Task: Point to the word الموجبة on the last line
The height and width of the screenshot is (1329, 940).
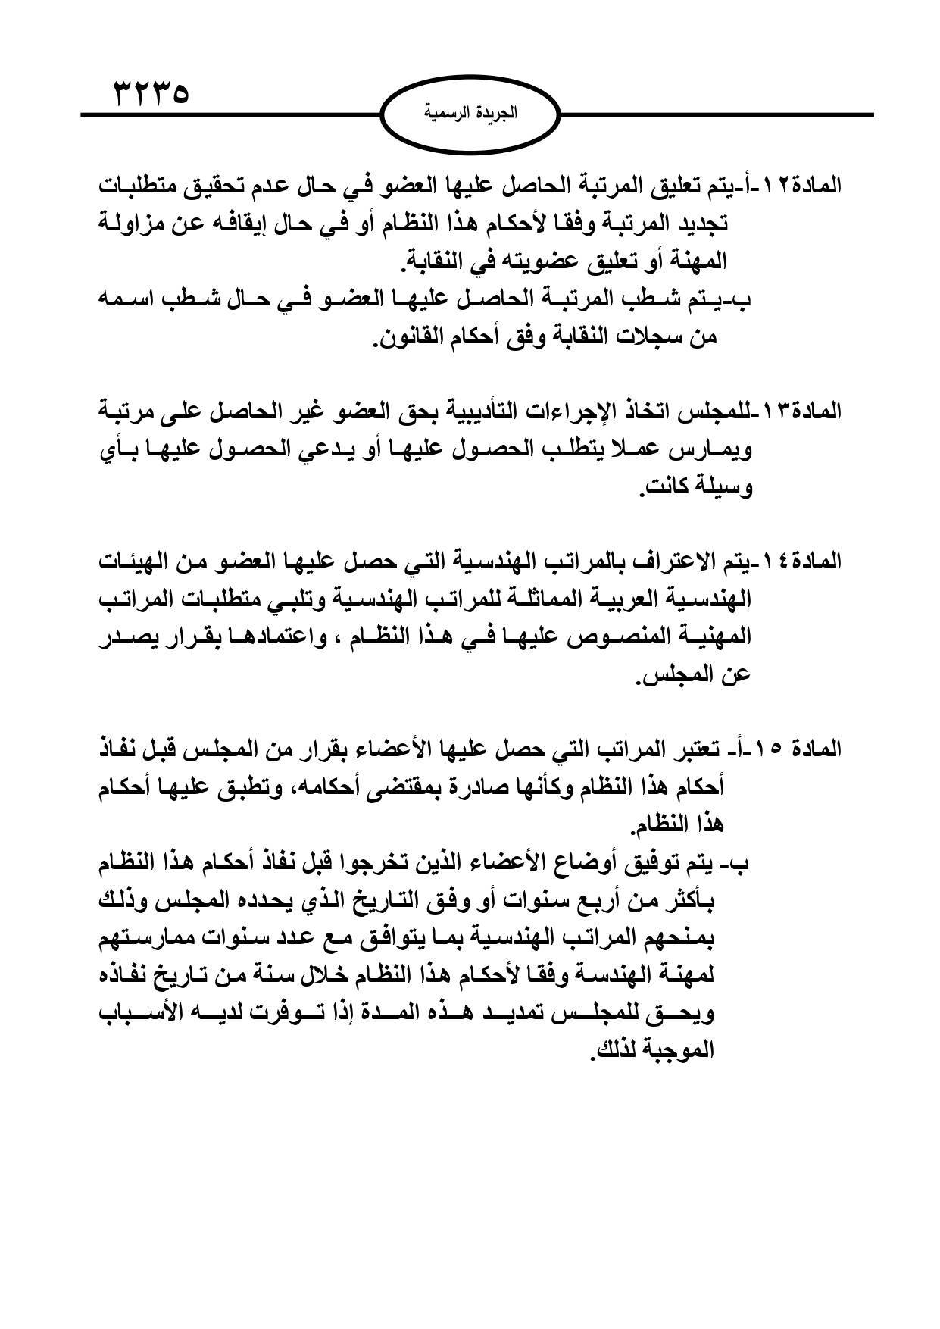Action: (x=679, y=1051)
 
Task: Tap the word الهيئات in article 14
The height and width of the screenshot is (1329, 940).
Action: (x=128, y=561)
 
